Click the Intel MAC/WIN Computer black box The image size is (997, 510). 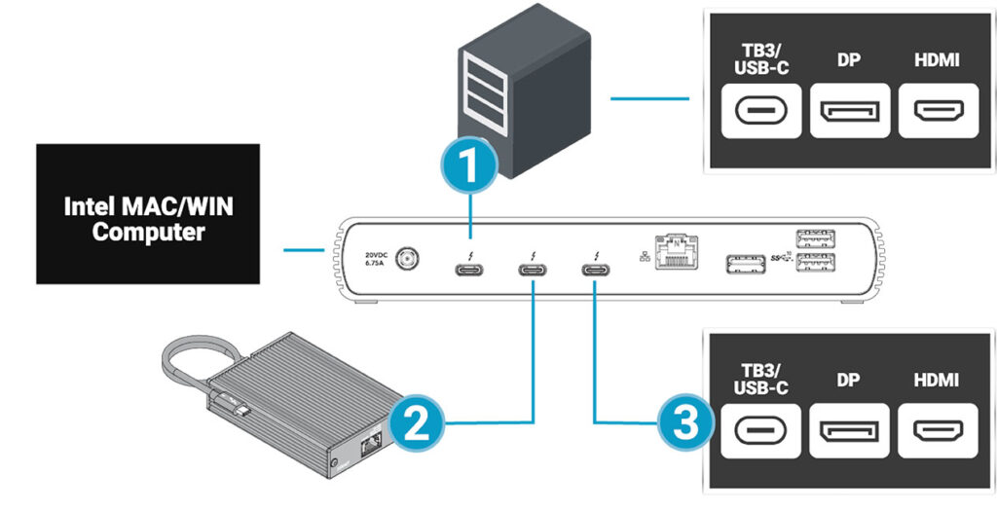tap(148, 214)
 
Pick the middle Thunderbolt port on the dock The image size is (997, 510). tap(533, 269)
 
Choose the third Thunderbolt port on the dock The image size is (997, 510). tap(594, 269)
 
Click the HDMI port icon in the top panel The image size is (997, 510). tap(938, 112)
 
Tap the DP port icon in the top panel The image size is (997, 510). tap(848, 112)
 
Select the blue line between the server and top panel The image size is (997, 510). tap(648, 98)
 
